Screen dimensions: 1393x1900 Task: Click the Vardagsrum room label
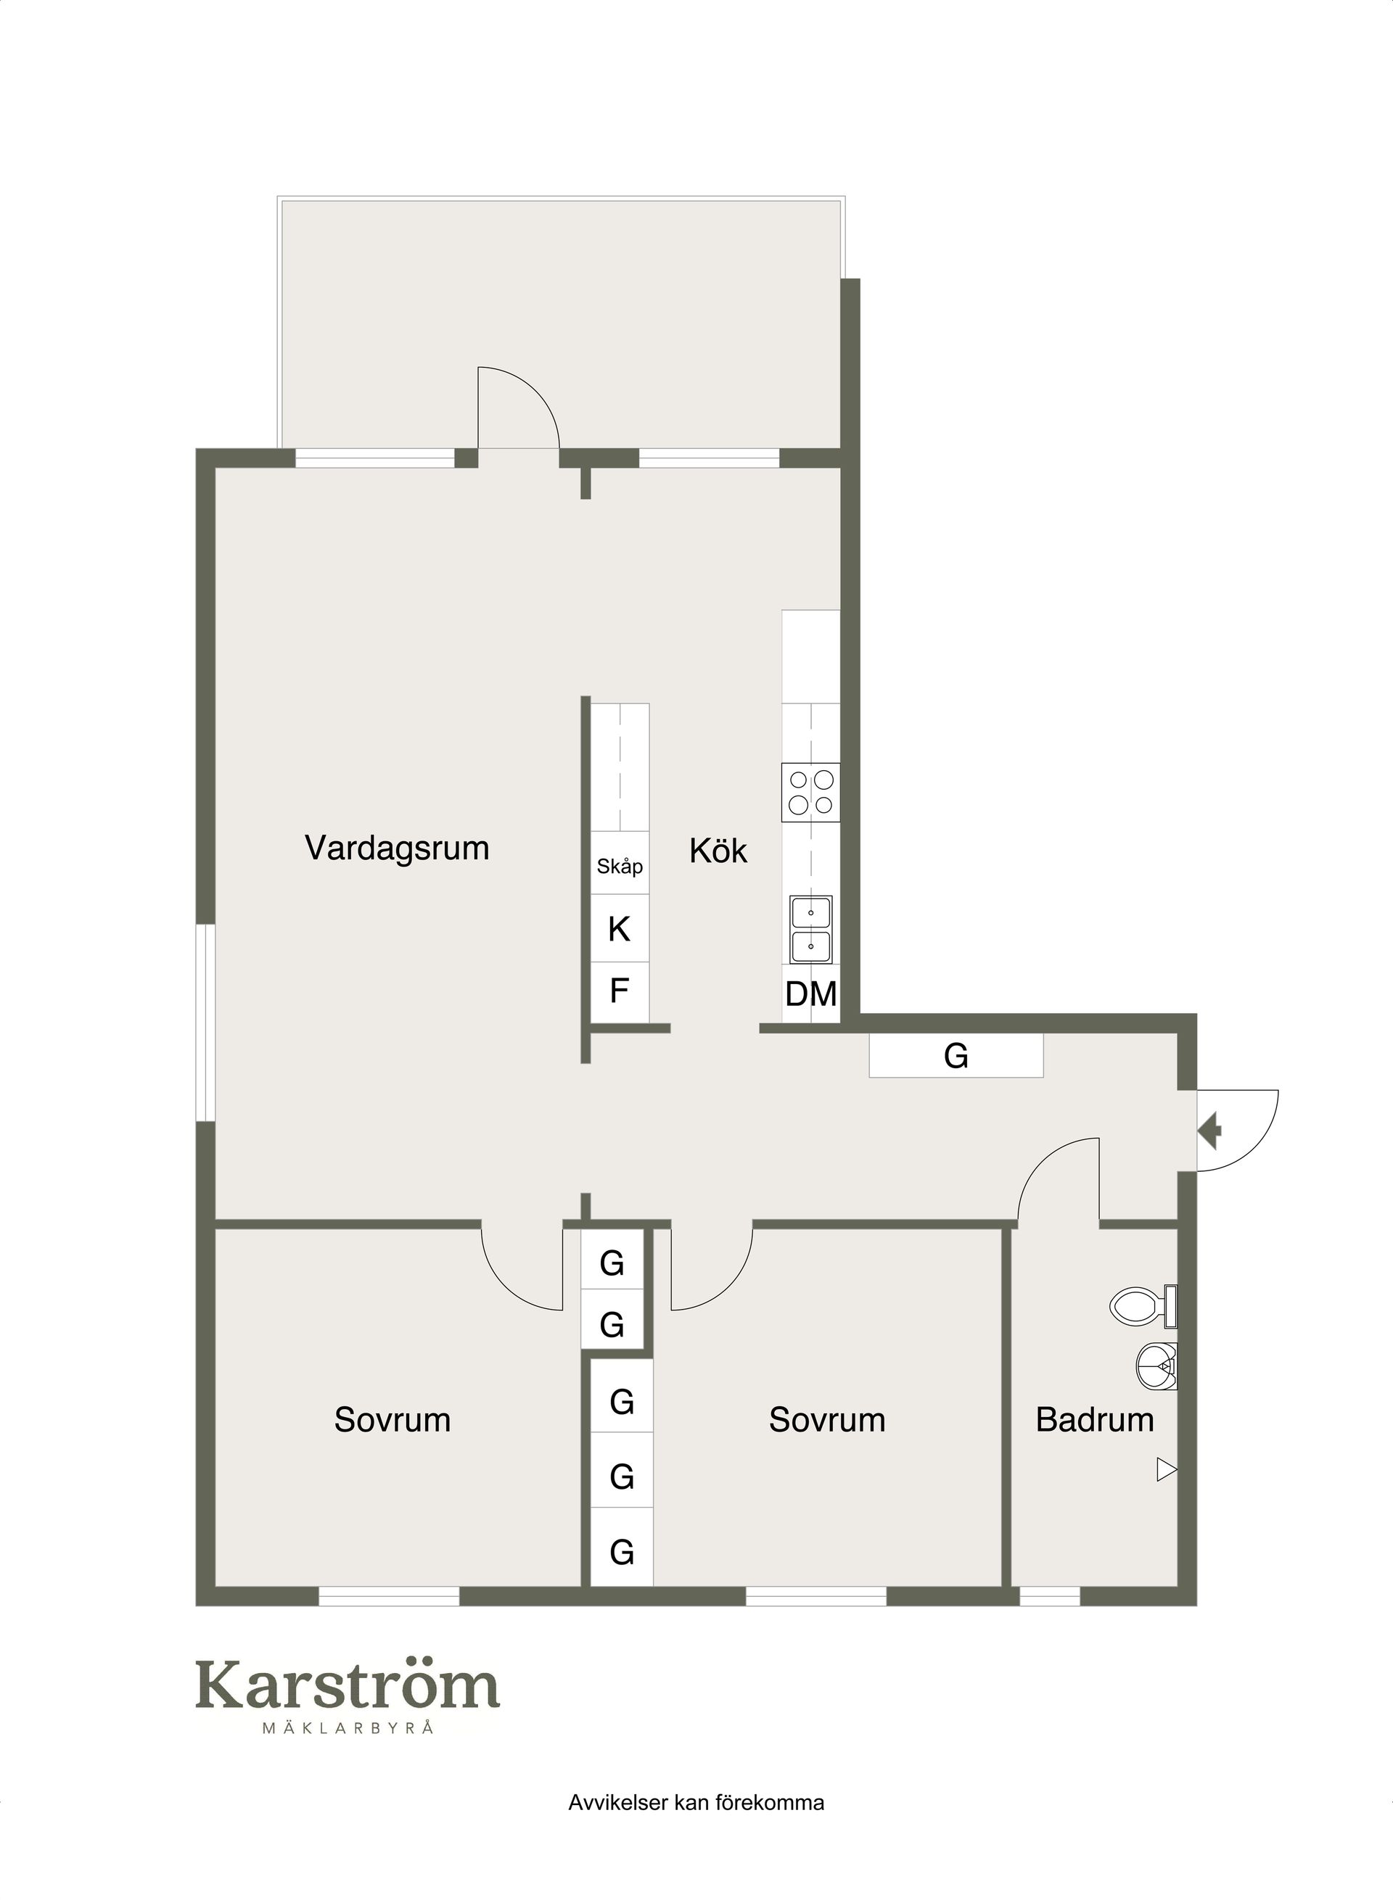[x=397, y=848]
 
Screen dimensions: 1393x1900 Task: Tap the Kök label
[x=718, y=851]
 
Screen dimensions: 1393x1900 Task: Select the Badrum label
[x=1095, y=1419]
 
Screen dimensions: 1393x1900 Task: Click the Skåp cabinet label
[x=620, y=866]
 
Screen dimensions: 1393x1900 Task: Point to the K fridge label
[x=619, y=929]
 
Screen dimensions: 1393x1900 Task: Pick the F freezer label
[x=619, y=991]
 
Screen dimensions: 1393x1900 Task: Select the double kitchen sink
[x=811, y=930]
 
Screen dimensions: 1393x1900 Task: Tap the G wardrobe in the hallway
[x=956, y=1055]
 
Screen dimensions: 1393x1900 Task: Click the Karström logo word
[x=348, y=1685]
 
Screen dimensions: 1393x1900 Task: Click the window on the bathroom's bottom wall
[x=1050, y=1595]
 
